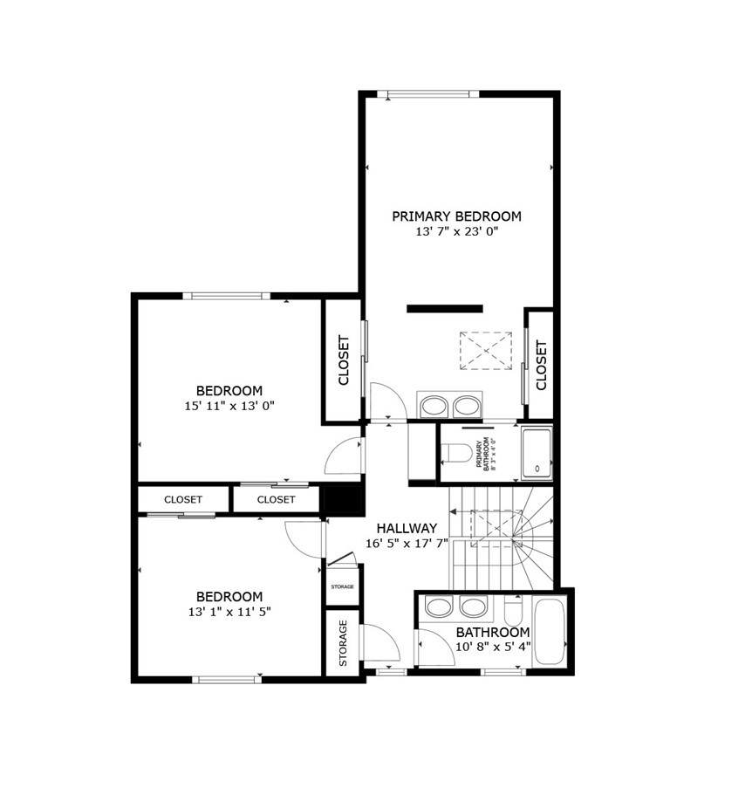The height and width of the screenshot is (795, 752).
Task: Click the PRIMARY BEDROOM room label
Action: [456, 216]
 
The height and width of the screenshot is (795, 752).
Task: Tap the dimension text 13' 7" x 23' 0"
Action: [456, 232]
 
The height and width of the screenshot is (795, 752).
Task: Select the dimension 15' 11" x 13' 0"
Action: [229, 406]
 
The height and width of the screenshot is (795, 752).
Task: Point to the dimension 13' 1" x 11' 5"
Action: [229, 612]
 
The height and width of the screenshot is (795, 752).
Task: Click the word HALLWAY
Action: [407, 528]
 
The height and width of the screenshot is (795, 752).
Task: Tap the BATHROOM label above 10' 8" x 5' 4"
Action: [493, 632]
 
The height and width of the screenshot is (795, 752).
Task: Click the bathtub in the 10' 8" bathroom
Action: [550, 631]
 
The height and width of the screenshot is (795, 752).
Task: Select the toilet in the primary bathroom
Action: [455, 453]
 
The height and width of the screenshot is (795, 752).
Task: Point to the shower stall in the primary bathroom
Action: [537, 454]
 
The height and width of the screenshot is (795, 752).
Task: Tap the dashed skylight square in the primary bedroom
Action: [484, 351]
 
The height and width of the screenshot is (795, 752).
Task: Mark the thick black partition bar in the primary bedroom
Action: [445, 308]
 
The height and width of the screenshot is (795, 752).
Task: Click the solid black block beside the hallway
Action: [343, 499]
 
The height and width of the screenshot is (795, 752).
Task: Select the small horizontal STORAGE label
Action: [343, 586]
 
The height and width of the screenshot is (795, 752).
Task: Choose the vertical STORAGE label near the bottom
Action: [343, 643]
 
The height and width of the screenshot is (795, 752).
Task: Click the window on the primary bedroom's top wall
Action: [434, 94]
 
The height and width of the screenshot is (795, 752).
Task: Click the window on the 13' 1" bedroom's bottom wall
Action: [227, 679]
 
